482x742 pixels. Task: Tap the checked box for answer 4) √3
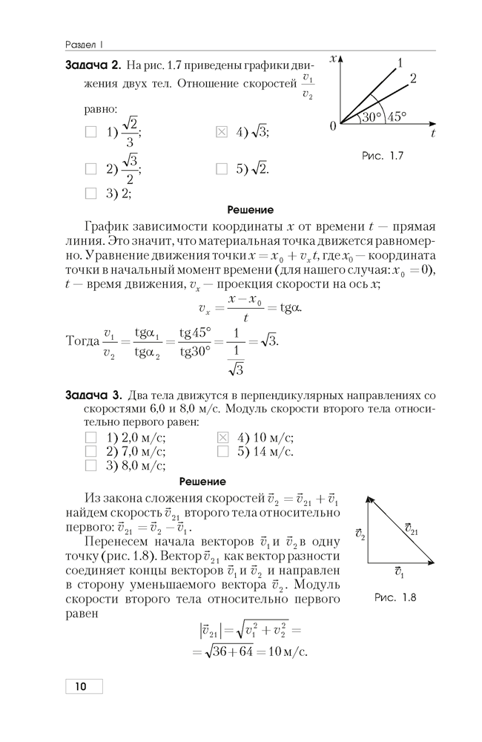[x=221, y=133]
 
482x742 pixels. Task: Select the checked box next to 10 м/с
[x=221, y=438]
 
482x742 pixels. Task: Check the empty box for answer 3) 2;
[x=91, y=194]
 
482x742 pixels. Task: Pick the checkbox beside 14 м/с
[x=221, y=451]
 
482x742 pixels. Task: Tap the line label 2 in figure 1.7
[x=413, y=78]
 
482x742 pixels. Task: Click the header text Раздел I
[x=83, y=42]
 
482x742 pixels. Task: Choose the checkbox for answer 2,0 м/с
[x=91, y=438]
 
